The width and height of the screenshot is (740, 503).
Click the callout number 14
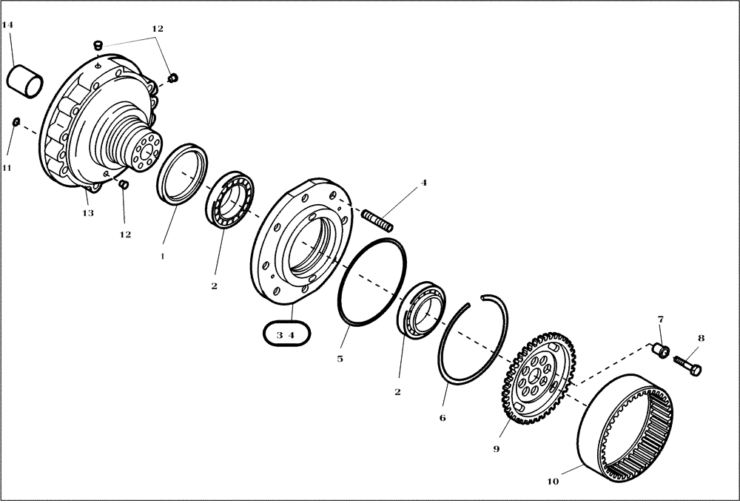[8, 25]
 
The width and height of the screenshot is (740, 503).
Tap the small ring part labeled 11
[16, 121]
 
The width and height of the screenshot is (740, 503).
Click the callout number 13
[87, 213]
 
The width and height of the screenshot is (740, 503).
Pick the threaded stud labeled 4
[378, 220]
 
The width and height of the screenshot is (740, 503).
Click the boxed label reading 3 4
[286, 334]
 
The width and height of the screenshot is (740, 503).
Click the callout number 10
[554, 482]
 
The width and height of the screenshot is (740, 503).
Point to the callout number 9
[497, 448]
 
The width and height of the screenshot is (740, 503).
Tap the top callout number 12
[157, 29]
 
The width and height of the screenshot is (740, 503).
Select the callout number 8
[701, 339]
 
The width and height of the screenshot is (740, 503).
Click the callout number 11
[7, 168]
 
